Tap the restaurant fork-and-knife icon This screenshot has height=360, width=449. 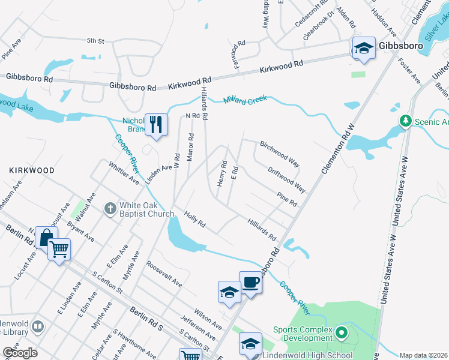[156, 124]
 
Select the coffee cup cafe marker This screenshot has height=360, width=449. [250, 281]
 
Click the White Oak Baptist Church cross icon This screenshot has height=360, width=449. [110, 209]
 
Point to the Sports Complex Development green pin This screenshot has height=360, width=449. [342, 332]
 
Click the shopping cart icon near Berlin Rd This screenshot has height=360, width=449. [59, 248]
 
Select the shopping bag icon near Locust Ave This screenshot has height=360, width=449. [46, 237]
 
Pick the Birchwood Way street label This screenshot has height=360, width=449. [280, 154]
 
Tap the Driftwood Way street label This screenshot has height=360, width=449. [287, 179]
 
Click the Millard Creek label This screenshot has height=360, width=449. [246, 99]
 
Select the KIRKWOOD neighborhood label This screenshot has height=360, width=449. [32, 170]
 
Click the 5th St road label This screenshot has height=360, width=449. [95, 41]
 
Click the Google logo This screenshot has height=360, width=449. [20, 353]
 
